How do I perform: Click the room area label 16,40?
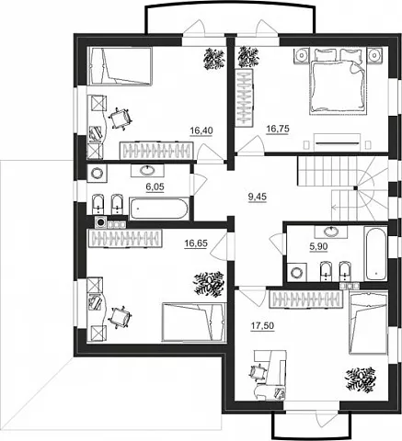(201, 130)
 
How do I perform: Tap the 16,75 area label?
(278, 129)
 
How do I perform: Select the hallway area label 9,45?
(258, 198)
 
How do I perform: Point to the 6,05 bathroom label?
(155, 187)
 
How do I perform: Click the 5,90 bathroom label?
(318, 246)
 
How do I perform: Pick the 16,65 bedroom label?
(196, 243)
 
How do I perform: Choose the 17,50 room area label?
(262, 326)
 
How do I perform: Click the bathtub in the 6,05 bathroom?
(158, 209)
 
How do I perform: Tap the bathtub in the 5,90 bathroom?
(375, 253)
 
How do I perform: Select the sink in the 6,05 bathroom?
(147, 170)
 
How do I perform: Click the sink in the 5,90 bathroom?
(330, 232)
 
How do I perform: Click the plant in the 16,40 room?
(214, 59)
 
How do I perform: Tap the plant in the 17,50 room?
(361, 379)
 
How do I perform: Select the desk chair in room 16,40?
(121, 119)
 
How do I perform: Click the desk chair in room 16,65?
(121, 317)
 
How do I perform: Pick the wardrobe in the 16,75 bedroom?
(245, 97)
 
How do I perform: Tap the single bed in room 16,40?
(120, 65)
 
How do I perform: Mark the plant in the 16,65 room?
(209, 284)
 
